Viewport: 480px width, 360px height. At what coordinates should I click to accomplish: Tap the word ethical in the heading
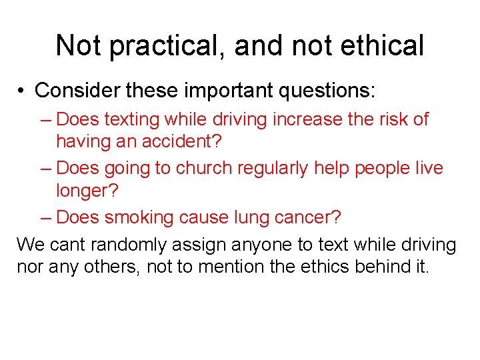pyautogui.click(x=384, y=46)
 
